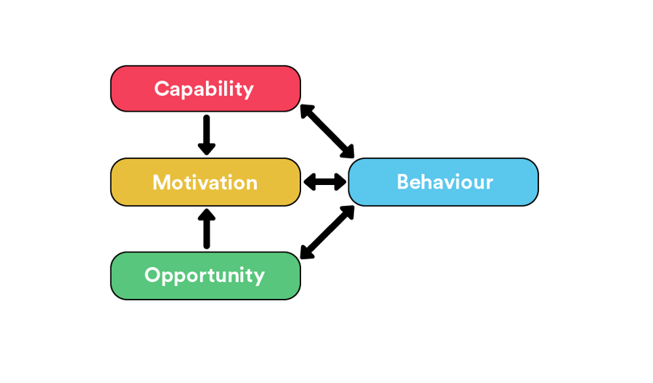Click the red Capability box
[205, 88]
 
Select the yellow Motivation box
[205, 182]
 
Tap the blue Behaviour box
[443, 182]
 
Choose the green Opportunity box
[205, 276]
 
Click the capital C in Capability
[162, 88]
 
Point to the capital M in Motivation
[161, 182]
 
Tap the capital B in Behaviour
[405, 182]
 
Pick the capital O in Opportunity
[153, 276]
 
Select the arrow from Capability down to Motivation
[207, 133]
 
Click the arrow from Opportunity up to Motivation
[207, 229]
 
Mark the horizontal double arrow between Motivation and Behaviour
[324, 182]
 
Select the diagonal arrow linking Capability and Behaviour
[327, 131]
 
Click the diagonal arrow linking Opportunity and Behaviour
[327, 232]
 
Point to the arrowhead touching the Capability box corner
[306, 111]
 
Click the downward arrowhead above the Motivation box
[207, 148]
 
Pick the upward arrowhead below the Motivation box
[207, 215]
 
